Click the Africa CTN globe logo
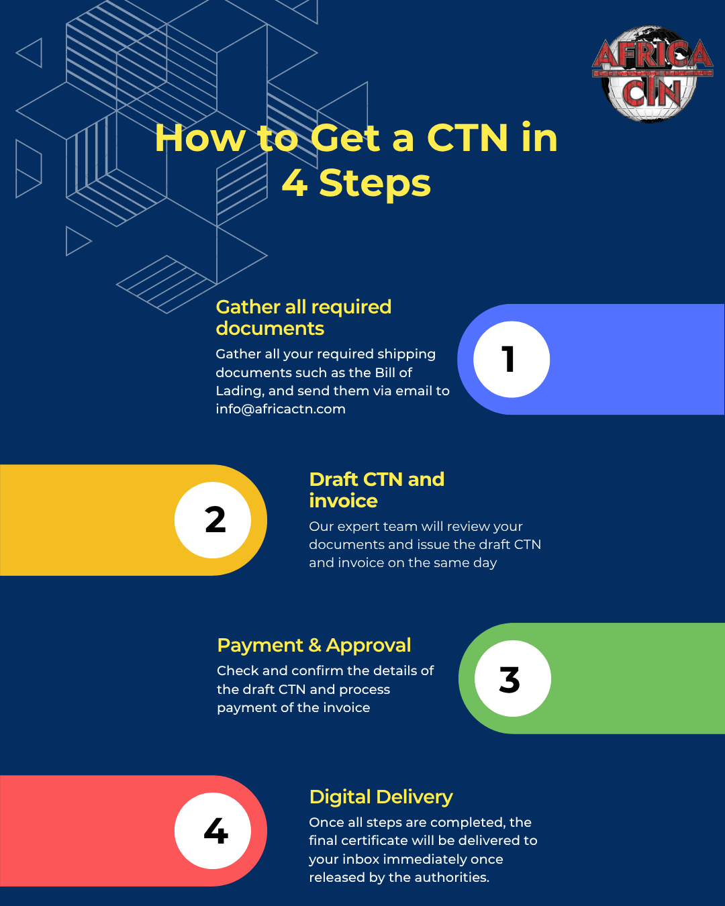click(652, 74)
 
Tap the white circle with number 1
click(512, 359)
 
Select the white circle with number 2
click(213, 520)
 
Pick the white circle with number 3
click(513, 678)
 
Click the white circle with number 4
click(213, 831)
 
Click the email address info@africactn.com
click(281, 409)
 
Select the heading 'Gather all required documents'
click(303, 317)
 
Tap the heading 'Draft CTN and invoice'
click(377, 490)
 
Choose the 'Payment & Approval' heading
click(314, 646)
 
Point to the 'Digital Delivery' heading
click(381, 797)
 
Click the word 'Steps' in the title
click(375, 184)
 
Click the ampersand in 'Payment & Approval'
click(315, 646)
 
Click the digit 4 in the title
click(295, 184)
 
